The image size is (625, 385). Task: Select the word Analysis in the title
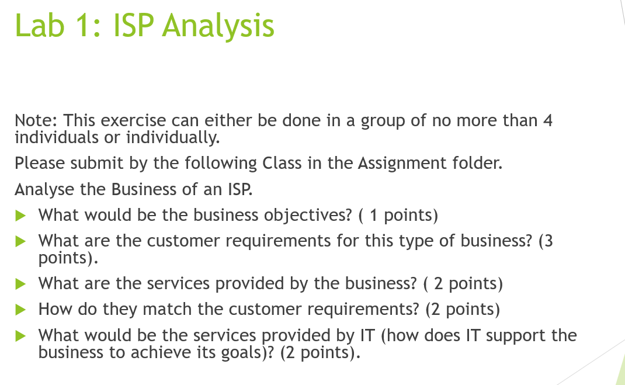coord(218,26)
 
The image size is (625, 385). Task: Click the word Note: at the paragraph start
coord(36,121)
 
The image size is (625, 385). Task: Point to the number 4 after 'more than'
coord(547,121)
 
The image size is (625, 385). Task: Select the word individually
coord(173,138)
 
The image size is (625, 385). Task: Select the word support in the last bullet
coord(512,336)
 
